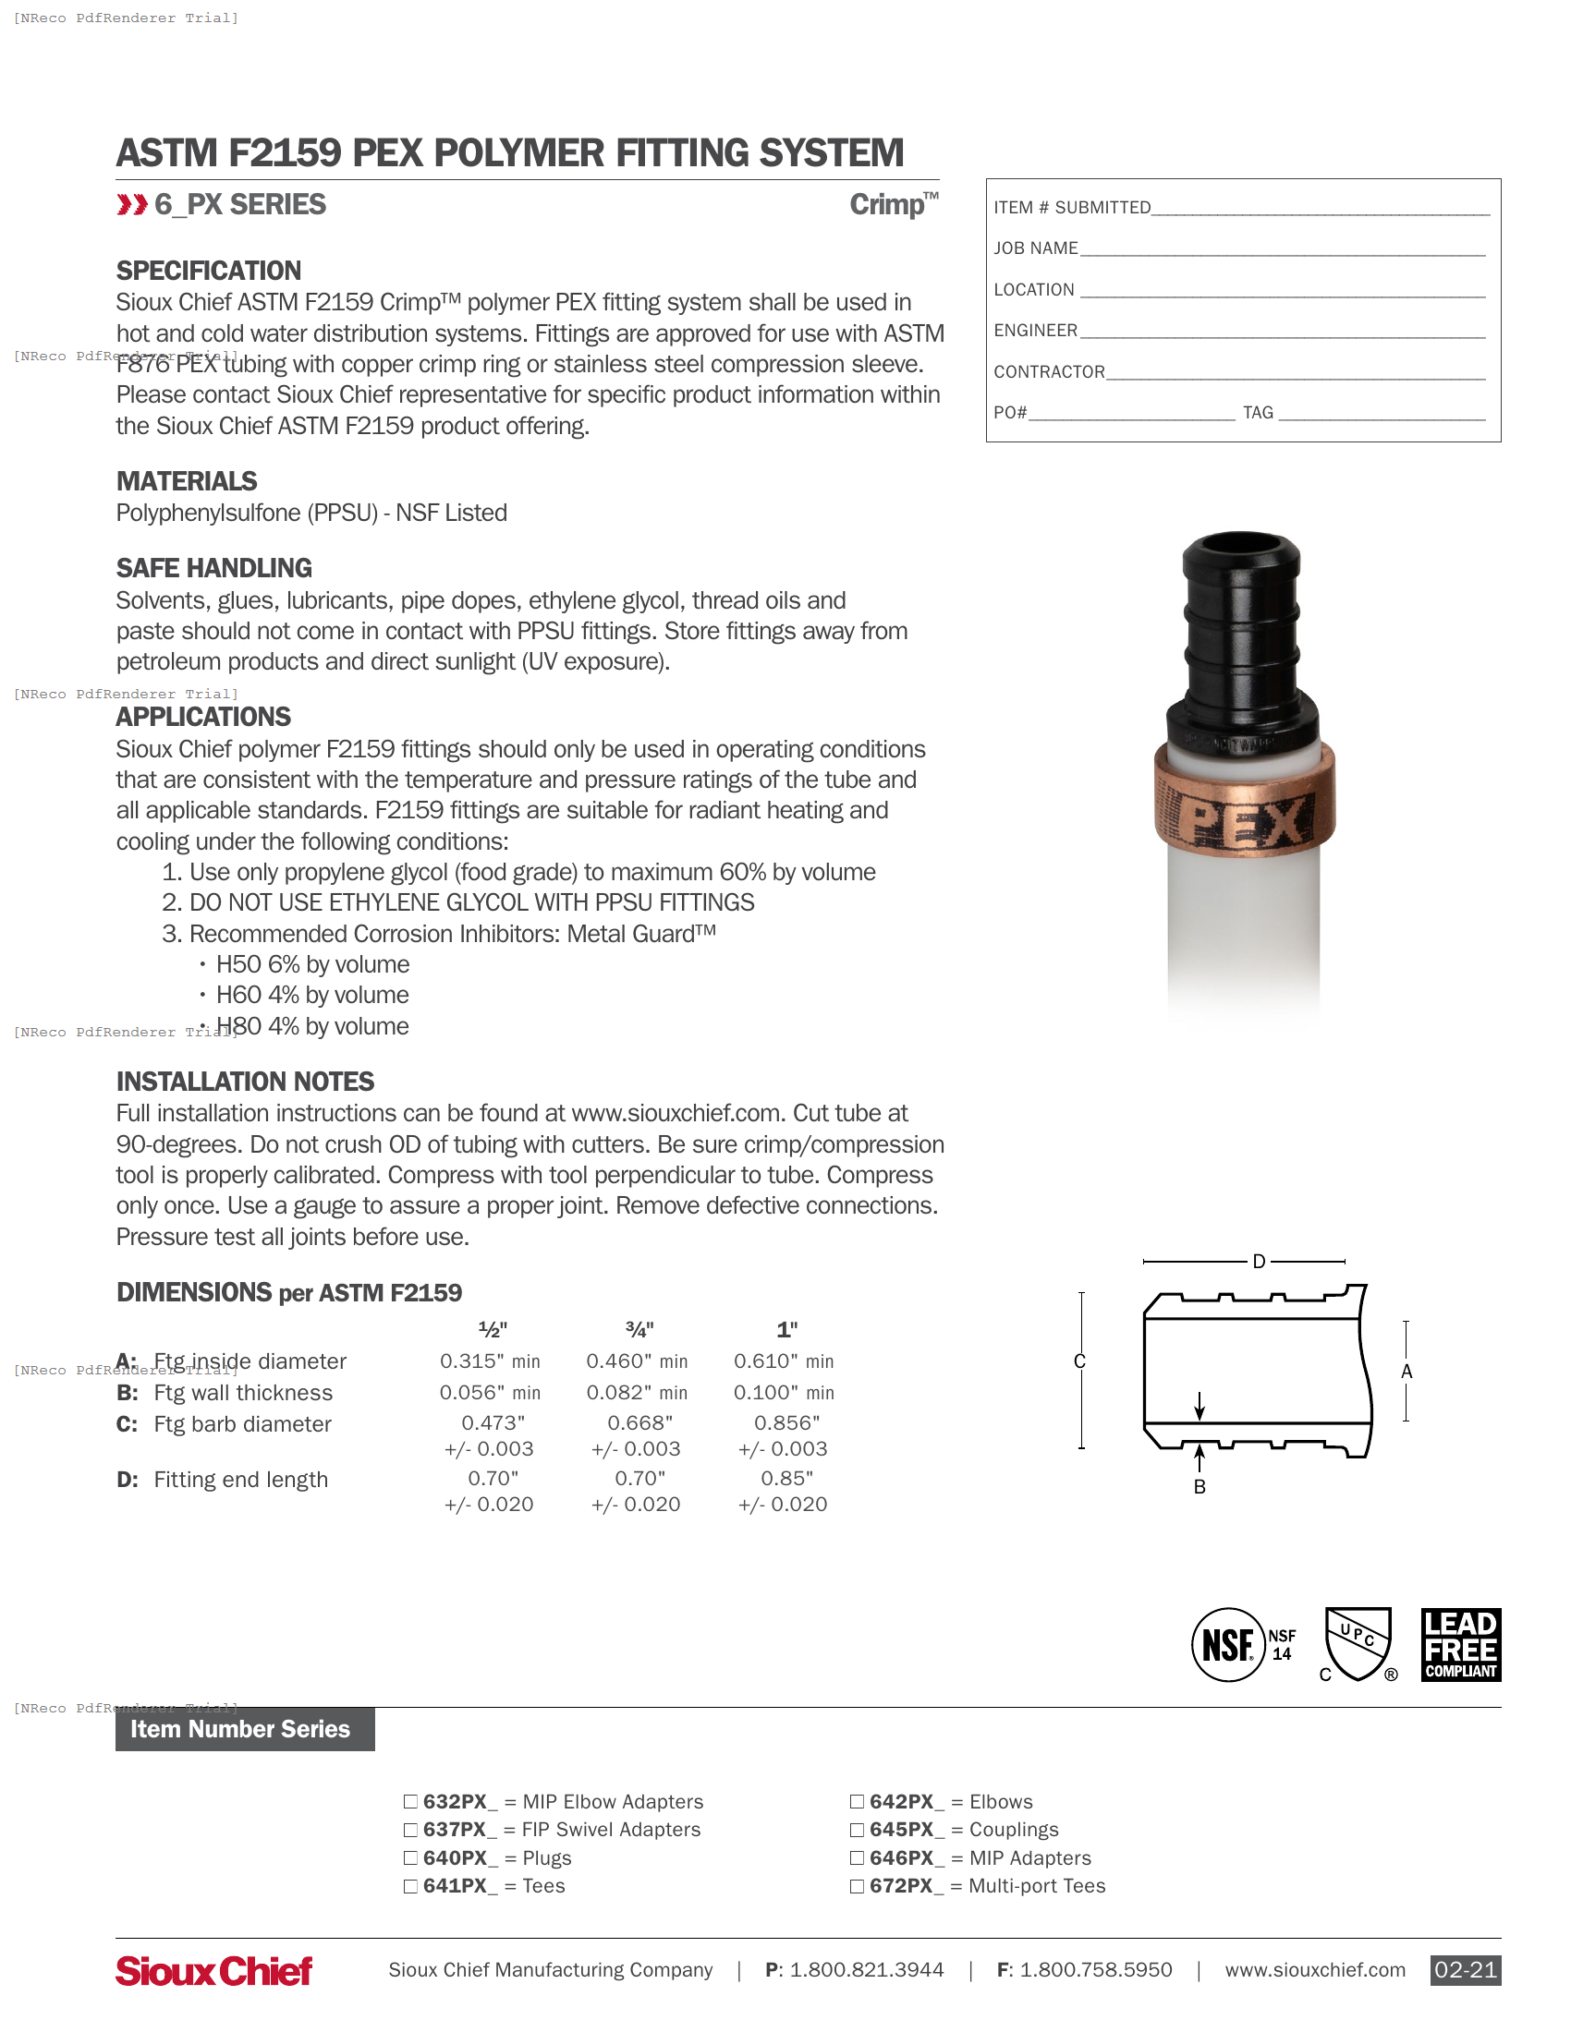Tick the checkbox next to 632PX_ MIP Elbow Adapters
(x=410, y=1801)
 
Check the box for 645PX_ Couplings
(x=858, y=1829)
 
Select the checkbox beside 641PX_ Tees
(x=410, y=1886)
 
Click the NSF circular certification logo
(x=1228, y=1645)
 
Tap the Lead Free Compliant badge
(x=1460, y=1644)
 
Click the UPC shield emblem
(x=1358, y=1644)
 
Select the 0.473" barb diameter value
(x=493, y=1422)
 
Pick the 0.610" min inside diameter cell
(x=783, y=1361)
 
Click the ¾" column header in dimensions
(x=639, y=1329)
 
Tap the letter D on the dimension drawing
(x=1259, y=1262)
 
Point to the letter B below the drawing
(x=1200, y=1487)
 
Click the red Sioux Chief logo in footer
(x=214, y=1971)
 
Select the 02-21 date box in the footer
(x=1465, y=1970)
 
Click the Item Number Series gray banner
(x=245, y=1729)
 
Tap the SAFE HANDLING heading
(x=214, y=567)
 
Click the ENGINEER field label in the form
(x=1035, y=331)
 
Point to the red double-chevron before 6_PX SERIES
(x=132, y=205)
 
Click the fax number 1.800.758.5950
(x=1095, y=1970)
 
